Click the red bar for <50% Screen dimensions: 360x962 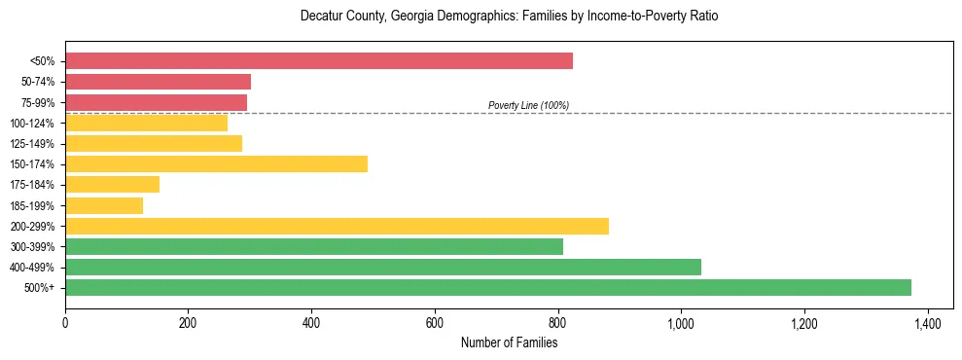point(319,61)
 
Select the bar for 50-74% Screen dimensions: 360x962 point(159,82)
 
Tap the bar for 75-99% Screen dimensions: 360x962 point(157,102)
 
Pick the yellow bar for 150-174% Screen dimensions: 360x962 point(217,163)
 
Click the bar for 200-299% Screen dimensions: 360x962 point(337,226)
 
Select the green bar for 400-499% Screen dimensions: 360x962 point(383,267)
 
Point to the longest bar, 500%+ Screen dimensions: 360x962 point(488,287)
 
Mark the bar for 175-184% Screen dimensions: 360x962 point(113,185)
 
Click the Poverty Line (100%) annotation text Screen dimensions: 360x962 point(528,105)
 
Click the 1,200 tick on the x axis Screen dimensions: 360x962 point(804,321)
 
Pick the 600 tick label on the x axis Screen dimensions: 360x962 point(435,321)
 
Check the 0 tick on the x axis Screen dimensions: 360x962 point(65,321)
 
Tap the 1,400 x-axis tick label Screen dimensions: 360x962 point(927,321)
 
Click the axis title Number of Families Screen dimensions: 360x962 point(509,342)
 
